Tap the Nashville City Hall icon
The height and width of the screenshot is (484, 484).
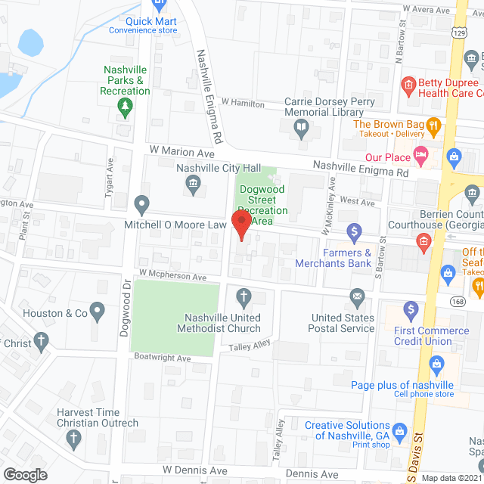click(193, 184)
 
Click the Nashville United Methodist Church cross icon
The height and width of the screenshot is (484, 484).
click(244, 295)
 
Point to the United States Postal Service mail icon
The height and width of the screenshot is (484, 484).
click(357, 295)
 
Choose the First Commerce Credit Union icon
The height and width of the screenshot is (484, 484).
click(411, 309)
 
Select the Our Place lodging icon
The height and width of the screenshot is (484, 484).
click(422, 157)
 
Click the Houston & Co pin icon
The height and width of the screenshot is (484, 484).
click(97, 309)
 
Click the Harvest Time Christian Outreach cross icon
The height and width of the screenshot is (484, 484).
click(73, 437)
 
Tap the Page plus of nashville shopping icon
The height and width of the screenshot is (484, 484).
click(436, 365)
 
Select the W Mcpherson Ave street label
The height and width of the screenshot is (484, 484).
click(172, 278)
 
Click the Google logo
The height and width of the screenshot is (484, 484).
click(26, 474)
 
